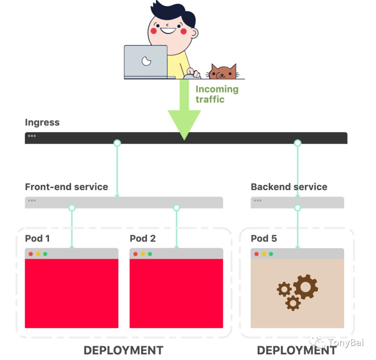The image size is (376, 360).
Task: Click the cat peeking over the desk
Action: (x=223, y=72)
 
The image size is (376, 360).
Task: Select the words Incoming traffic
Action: (x=217, y=94)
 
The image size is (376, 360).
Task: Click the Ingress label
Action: (x=42, y=123)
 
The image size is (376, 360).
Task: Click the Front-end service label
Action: (x=66, y=187)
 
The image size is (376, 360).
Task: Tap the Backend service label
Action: (x=289, y=187)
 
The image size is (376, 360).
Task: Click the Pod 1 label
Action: (x=37, y=238)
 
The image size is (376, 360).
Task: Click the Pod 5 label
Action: (x=264, y=238)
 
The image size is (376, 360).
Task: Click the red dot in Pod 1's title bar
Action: (x=31, y=254)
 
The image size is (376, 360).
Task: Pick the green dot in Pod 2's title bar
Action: (x=150, y=254)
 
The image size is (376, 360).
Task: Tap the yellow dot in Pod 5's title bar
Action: (x=264, y=254)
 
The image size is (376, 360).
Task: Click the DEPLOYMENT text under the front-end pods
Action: (x=123, y=350)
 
